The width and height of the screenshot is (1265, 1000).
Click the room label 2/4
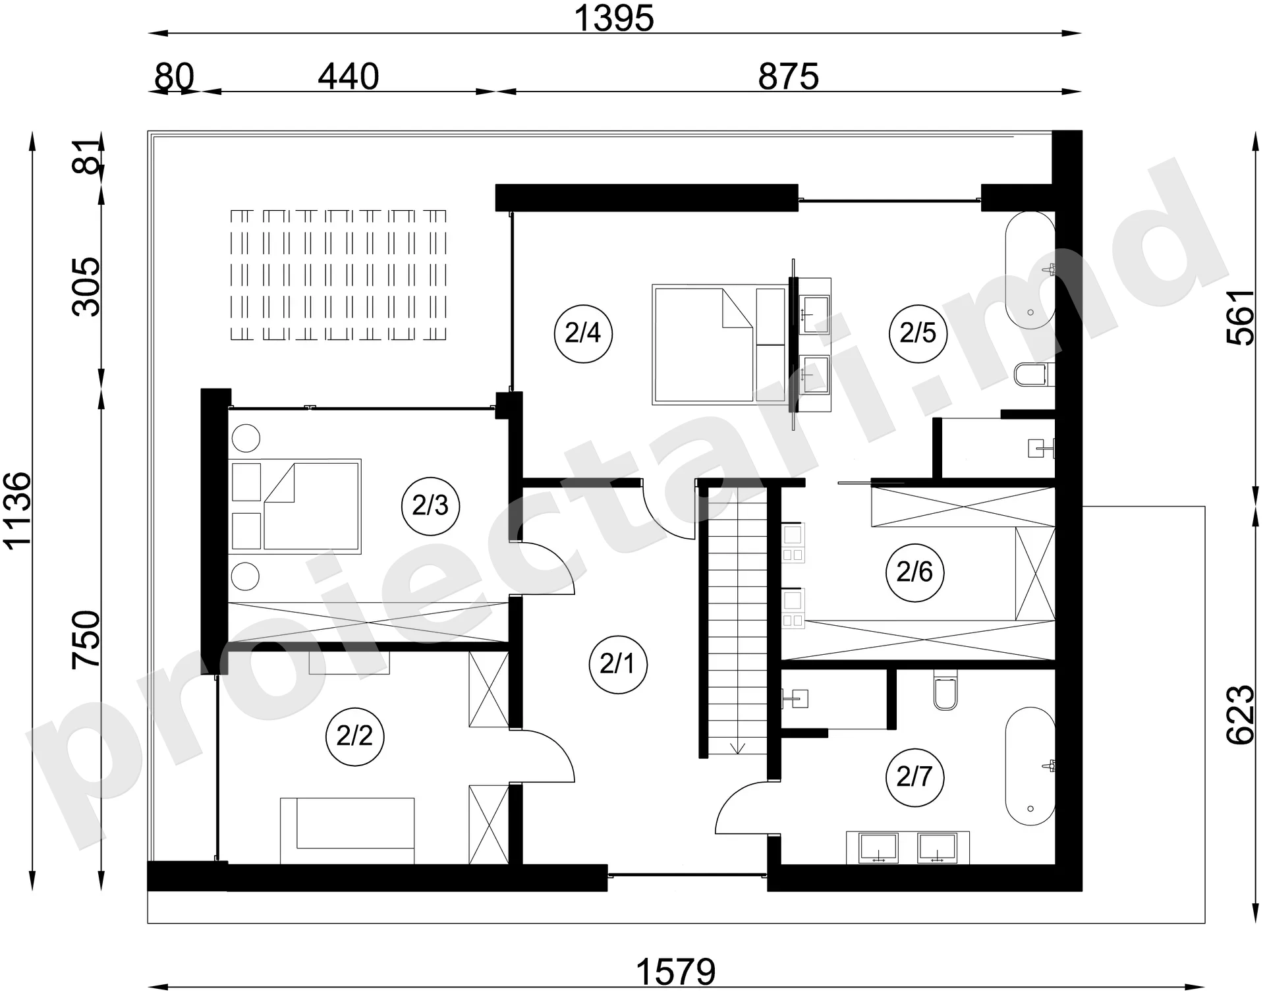583,333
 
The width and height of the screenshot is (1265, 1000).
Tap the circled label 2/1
617,664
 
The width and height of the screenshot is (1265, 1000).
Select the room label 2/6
914,572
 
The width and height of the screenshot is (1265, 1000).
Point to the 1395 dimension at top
614,18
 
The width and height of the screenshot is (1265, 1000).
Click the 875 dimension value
788,76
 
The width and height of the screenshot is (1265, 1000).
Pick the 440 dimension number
349,76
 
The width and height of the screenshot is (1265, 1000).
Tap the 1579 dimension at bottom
676,972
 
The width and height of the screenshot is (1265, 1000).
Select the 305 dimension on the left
86,287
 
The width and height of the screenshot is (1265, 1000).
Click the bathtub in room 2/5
1030,270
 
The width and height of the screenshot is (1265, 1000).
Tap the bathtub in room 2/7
1030,766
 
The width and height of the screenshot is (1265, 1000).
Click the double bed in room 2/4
720,345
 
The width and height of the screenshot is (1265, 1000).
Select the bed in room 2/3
295,506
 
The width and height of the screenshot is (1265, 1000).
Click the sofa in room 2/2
347,831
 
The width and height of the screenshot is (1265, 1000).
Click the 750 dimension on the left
86,639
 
